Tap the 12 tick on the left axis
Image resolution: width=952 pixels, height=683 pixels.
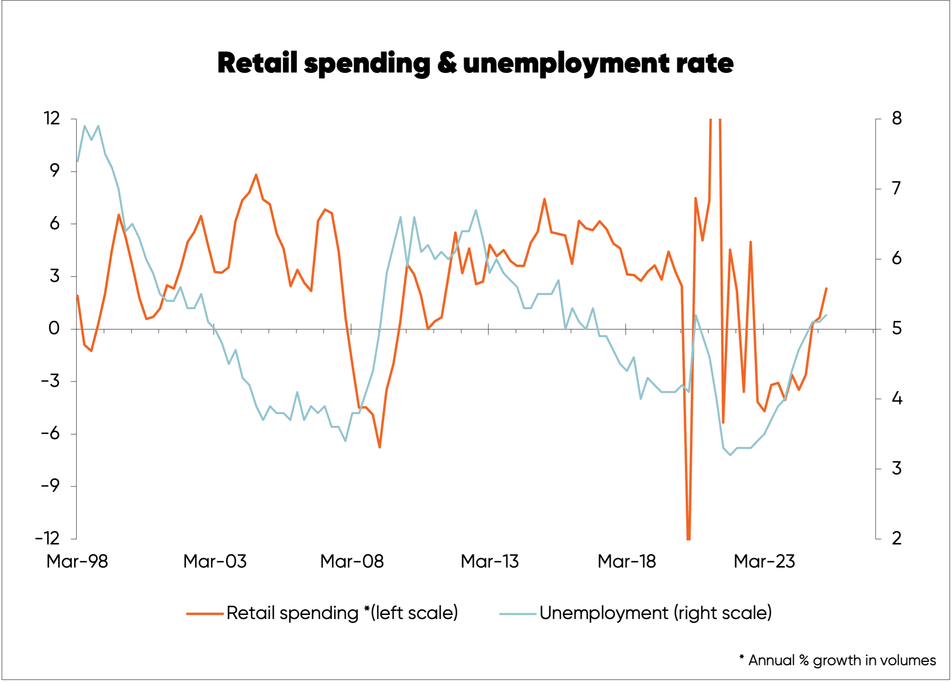[x=52, y=118]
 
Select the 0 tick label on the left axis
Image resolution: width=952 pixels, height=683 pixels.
[x=54, y=328]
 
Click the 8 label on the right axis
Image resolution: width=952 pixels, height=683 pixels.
[x=897, y=118]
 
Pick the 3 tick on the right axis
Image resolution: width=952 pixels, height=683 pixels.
[x=897, y=468]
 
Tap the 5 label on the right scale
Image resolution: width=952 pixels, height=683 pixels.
[x=897, y=329]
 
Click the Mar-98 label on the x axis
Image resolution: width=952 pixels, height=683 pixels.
[x=77, y=561]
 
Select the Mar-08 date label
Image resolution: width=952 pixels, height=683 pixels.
[x=352, y=561]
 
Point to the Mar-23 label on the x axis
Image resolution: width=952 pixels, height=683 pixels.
[x=764, y=561]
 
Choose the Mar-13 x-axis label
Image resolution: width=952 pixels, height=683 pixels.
[x=490, y=561]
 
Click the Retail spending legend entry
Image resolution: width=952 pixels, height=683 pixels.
[x=342, y=613]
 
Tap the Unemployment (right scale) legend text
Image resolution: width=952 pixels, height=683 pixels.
[x=655, y=613]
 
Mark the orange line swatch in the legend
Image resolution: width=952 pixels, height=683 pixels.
[x=205, y=614]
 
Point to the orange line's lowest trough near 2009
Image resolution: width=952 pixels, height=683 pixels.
[x=379, y=447]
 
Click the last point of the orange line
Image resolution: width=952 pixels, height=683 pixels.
[x=826, y=288]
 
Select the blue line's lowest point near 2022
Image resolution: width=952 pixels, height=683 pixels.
[x=731, y=455]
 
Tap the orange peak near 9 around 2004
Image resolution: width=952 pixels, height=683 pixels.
[x=256, y=175]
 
